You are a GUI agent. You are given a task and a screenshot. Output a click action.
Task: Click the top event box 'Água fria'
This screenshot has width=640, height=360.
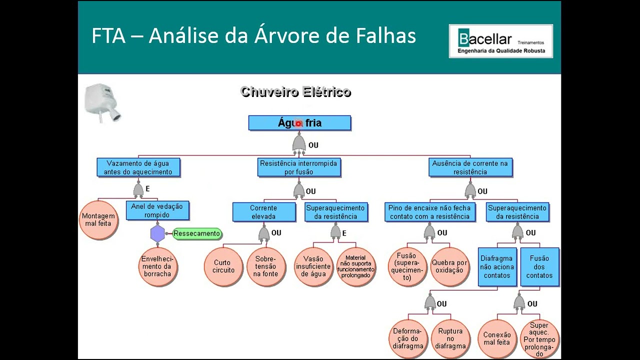pyautogui.click(x=299, y=123)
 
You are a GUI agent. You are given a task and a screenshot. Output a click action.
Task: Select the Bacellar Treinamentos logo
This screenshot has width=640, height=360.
pyautogui.click(x=500, y=41)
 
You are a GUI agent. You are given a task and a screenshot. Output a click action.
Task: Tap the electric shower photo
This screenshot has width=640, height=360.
pyautogui.click(x=103, y=102)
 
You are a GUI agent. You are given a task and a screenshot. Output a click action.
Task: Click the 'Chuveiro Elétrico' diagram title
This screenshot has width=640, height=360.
pyautogui.click(x=295, y=92)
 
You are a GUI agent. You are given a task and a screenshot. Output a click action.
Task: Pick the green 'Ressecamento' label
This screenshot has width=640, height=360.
pyautogui.click(x=196, y=233)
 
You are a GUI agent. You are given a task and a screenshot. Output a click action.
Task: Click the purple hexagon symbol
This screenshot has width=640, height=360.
pyautogui.click(x=157, y=233)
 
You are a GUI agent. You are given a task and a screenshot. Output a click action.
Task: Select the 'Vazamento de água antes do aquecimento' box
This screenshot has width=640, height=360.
pyautogui.click(x=138, y=167)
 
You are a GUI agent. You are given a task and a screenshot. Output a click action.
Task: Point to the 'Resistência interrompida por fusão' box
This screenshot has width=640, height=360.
pyautogui.click(x=298, y=167)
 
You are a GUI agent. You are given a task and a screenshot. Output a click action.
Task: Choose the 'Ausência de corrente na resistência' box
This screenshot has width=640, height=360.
pyautogui.click(x=470, y=167)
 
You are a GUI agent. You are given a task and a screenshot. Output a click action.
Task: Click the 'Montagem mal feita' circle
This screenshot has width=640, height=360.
pyautogui.click(x=98, y=220)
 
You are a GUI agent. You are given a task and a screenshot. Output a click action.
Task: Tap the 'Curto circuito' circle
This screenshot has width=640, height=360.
pyautogui.click(x=223, y=266)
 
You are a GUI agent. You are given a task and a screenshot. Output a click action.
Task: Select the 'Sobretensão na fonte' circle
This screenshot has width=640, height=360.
pyautogui.click(x=266, y=266)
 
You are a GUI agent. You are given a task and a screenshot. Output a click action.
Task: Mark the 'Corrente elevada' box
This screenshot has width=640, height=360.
pyautogui.click(x=263, y=212)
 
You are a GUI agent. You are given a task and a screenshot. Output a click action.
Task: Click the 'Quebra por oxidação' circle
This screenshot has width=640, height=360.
pyautogui.click(x=450, y=266)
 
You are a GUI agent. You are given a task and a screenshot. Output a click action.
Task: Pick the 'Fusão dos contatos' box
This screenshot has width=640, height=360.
pyautogui.click(x=539, y=267)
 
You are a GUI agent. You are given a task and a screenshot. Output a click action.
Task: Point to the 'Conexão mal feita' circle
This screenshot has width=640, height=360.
pyautogui.click(x=496, y=338)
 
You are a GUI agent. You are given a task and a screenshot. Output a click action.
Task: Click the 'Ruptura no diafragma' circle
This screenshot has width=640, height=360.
pyautogui.click(x=450, y=338)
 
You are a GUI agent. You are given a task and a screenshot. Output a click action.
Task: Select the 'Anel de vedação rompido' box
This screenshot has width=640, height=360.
pyautogui.click(x=157, y=210)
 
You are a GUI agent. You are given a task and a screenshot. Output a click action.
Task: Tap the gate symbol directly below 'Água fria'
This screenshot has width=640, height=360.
pyautogui.click(x=299, y=143)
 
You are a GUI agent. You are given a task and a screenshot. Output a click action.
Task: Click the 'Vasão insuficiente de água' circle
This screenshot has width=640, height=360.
pyautogui.click(x=313, y=266)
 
